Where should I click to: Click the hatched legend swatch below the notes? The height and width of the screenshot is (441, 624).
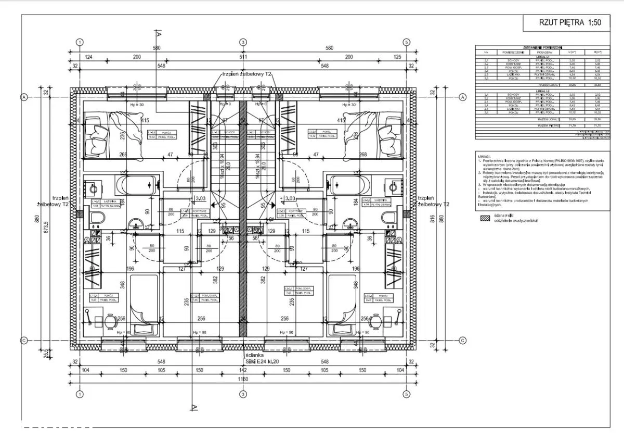click(485, 220)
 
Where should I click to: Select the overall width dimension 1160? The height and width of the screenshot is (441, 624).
click(243, 380)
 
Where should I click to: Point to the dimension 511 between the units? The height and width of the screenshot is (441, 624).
click(243, 56)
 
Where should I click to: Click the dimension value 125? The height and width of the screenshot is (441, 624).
click(398, 56)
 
